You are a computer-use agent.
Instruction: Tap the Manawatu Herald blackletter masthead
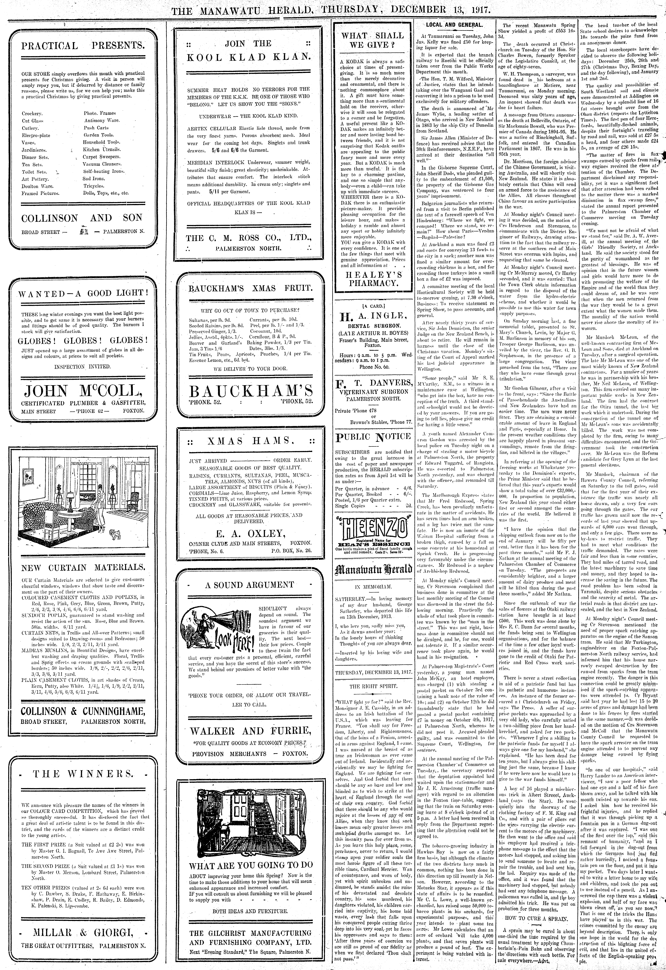click(x=373, y=570)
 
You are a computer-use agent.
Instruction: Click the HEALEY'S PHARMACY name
click(x=373, y=279)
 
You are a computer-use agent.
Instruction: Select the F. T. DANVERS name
click(x=373, y=383)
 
